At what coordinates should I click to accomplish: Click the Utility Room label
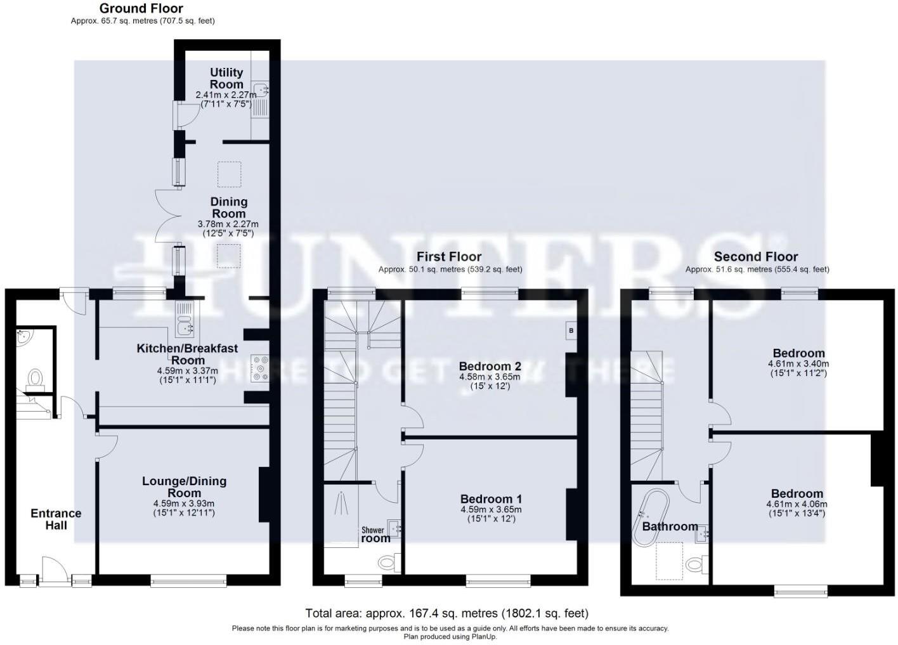(x=226, y=78)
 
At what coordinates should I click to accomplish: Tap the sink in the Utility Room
(x=261, y=89)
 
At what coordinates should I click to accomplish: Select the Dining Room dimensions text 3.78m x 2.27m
(x=228, y=224)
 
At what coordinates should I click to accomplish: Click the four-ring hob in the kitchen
(x=259, y=368)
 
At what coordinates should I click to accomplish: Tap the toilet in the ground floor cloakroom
(x=34, y=378)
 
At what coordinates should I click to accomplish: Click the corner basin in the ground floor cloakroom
(x=23, y=337)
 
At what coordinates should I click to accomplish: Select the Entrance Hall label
(x=56, y=518)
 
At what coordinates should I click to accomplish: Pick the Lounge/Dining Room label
(x=184, y=486)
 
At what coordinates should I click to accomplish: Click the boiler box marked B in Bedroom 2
(x=571, y=330)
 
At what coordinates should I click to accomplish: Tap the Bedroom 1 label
(x=491, y=498)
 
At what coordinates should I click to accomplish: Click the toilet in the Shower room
(x=387, y=562)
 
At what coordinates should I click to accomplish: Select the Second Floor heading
(x=755, y=256)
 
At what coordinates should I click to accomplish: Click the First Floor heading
(x=448, y=256)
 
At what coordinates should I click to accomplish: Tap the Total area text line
(x=446, y=613)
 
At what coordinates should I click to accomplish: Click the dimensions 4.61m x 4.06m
(x=797, y=504)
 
